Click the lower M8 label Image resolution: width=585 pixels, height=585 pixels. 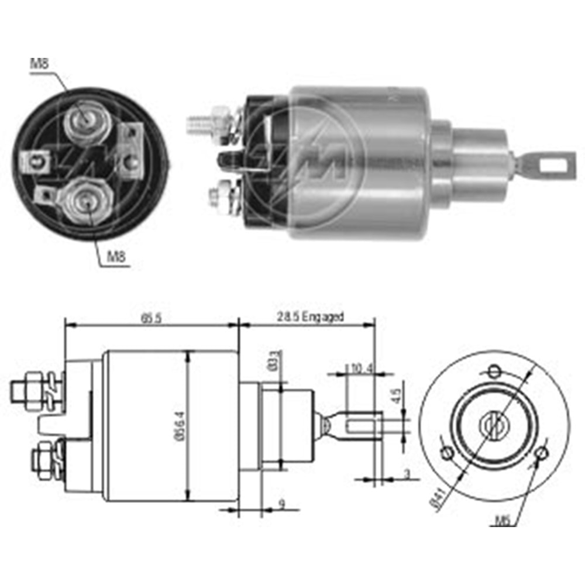click(x=116, y=256)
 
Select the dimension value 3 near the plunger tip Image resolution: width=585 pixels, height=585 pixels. click(x=407, y=474)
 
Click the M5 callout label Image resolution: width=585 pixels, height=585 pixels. click(x=501, y=518)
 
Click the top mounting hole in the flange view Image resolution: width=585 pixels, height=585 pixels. click(x=494, y=370)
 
